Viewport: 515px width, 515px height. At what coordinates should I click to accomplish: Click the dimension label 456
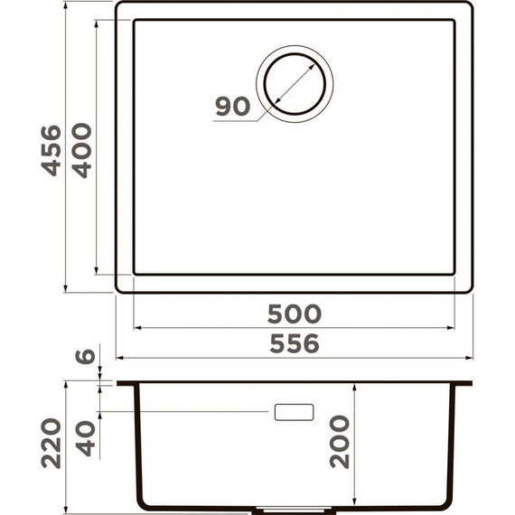[51, 149]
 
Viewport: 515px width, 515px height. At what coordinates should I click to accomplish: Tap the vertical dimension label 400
[82, 149]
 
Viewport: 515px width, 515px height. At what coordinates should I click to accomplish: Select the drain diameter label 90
[232, 107]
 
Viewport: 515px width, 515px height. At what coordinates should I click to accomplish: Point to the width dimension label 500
[295, 314]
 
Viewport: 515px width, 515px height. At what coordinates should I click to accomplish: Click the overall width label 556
[295, 343]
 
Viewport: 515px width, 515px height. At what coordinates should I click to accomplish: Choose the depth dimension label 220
[51, 442]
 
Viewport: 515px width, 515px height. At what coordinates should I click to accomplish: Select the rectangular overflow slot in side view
[294, 412]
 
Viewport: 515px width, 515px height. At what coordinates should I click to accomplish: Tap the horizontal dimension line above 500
[295, 328]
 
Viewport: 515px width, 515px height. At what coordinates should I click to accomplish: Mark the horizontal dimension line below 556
[295, 359]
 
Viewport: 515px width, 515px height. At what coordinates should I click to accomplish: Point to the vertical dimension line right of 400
[97, 149]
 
